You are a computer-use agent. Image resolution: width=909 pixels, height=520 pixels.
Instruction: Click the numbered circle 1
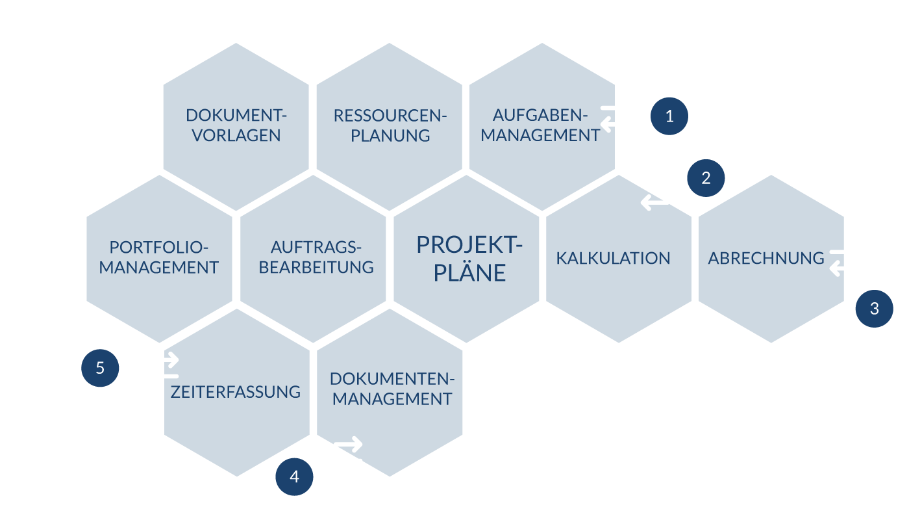pos(669,116)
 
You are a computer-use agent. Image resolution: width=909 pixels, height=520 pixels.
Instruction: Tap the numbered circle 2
pos(706,178)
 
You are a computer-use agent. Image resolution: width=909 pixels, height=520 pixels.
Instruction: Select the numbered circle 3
pos(874,309)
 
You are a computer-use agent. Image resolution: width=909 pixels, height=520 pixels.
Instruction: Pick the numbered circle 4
pos(294,476)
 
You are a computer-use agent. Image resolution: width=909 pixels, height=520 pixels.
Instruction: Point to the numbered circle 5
pos(100,368)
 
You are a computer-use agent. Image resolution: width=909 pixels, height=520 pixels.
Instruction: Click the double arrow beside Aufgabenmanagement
pos(614,115)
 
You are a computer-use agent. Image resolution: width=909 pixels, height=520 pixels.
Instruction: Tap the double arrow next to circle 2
pos(654,194)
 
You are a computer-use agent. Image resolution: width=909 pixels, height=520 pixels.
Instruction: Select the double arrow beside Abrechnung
pos(843,260)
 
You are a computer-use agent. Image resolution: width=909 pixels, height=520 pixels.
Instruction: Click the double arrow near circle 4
pos(347,452)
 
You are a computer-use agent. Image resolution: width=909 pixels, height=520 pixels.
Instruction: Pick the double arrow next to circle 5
pos(164,368)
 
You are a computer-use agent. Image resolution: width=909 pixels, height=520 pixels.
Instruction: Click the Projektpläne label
pos(469,258)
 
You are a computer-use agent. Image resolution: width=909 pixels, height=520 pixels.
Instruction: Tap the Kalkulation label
pos(613,258)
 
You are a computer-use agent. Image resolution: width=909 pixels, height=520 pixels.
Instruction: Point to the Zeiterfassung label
pos(236,392)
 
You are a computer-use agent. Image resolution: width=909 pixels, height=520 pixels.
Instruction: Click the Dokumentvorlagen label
pos(236,125)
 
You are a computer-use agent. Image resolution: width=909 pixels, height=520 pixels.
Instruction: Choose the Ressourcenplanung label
pos(389,125)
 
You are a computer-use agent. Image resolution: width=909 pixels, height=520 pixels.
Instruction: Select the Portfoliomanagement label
pos(159,257)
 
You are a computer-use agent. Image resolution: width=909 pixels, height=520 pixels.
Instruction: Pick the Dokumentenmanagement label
pos(390,389)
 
